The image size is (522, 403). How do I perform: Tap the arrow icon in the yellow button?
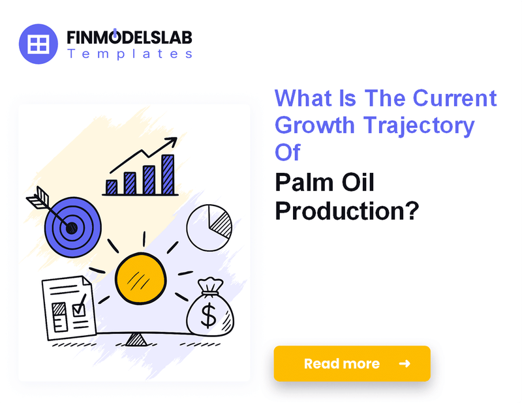(x=405, y=363)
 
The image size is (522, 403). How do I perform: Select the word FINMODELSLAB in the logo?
(x=129, y=37)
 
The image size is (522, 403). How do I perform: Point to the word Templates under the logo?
(x=129, y=55)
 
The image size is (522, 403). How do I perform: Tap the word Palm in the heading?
(x=307, y=184)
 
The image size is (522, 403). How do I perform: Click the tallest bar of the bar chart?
(x=168, y=174)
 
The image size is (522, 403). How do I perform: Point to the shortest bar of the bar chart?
(x=112, y=187)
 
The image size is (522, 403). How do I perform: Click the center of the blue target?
(x=71, y=228)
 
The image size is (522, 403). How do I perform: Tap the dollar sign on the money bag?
(x=209, y=316)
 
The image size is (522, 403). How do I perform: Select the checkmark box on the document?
(x=79, y=306)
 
